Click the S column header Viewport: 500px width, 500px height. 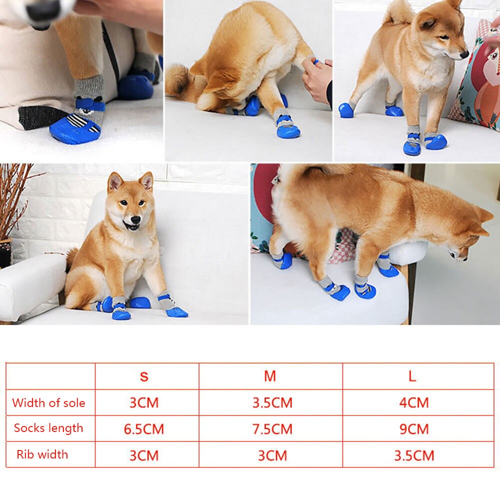click(x=144, y=376)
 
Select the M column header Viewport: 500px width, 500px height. click(x=270, y=376)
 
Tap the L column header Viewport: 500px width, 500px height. click(x=412, y=376)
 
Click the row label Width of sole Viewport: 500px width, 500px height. click(x=49, y=402)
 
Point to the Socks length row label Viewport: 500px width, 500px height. click(x=48, y=428)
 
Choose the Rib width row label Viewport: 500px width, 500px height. click(x=42, y=454)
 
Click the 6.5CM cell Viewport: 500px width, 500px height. click(x=144, y=429)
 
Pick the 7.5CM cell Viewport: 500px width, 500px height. click(x=272, y=429)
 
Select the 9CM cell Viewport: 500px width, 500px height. click(x=414, y=429)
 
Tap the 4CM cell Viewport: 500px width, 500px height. click(x=414, y=402)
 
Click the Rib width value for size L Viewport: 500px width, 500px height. click(x=414, y=455)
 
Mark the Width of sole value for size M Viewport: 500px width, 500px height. click(x=272, y=402)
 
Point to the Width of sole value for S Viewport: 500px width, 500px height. click(x=144, y=402)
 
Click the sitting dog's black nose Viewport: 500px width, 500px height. click(x=135, y=219)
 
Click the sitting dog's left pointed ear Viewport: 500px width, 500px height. click(x=114, y=182)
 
